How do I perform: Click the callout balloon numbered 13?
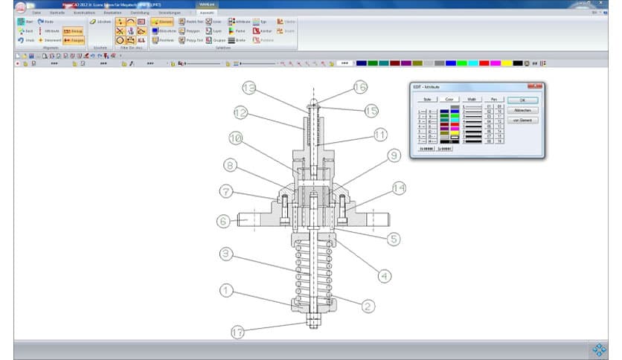click(x=249, y=89)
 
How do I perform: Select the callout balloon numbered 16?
click(x=360, y=87)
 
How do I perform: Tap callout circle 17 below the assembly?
click(x=237, y=331)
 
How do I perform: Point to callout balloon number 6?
click(x=222, y=220)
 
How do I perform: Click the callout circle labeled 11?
click(x=380, y=135)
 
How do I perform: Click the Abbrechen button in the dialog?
click(x=522, y=110)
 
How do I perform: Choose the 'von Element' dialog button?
click(x=522, y=120)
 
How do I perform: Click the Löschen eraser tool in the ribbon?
click(x=100, y=22)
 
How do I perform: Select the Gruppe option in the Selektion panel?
click(x=218, y=40)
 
